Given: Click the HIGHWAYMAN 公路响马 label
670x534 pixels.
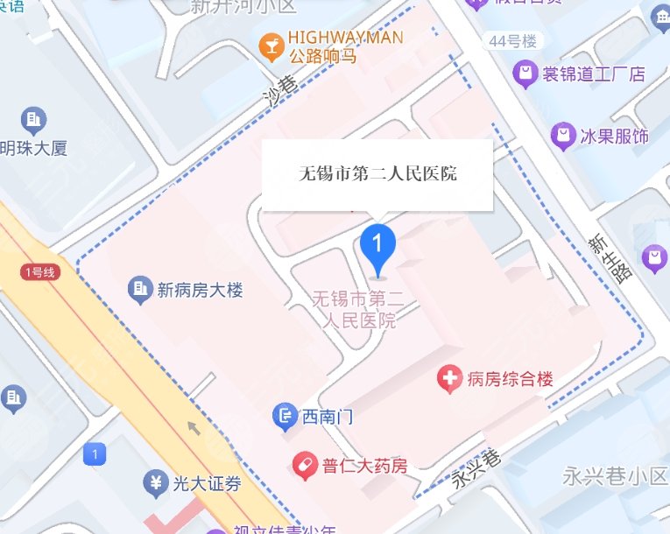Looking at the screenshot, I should coord(345,46).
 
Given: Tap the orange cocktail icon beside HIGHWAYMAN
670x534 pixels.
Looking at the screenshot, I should coord(271,42).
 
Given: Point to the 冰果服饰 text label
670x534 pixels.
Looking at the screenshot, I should coord(614,136).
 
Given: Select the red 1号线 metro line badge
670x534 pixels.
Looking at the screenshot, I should coord(39,272).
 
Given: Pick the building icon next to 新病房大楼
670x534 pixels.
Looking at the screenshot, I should coord(138,288).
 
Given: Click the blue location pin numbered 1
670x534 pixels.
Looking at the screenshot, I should coord(378,244).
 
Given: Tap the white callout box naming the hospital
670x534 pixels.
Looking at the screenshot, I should coord(377,174).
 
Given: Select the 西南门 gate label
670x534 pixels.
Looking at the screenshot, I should coord(327,417).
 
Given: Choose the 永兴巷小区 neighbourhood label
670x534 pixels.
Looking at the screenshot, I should coord(614,477).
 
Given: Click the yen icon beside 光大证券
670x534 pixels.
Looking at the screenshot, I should coord(155,482).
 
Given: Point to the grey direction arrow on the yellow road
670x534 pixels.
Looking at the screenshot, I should coord(194,427).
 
